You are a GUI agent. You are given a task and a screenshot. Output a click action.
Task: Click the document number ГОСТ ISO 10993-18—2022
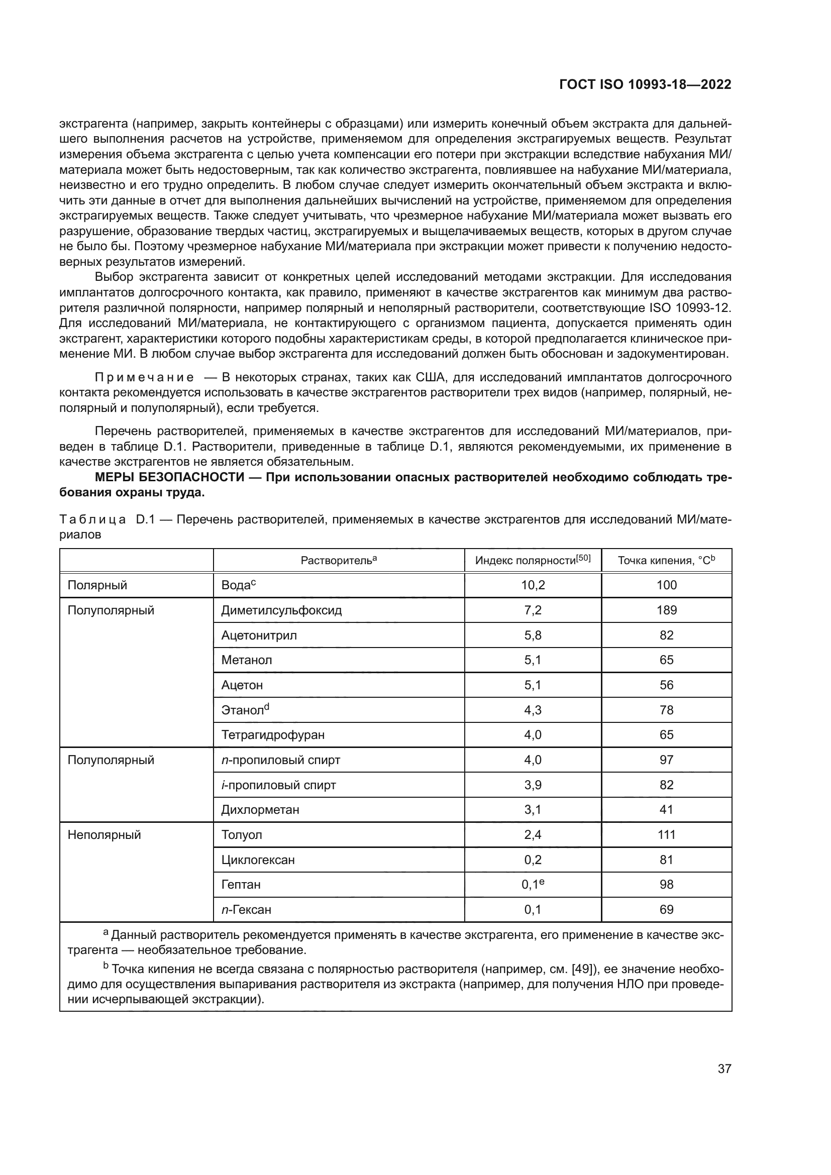click(645, 85)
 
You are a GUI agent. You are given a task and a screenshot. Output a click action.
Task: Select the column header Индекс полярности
click(532, 561)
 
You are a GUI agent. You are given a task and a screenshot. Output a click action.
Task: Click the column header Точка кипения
click(666, 561)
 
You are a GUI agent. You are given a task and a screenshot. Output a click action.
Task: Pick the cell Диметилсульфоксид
click(281, 610)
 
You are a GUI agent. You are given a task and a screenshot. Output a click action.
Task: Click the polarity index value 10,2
click(533, 585)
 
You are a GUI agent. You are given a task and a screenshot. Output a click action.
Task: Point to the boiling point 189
click(666, 610)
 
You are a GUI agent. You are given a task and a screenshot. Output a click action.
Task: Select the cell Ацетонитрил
click(259, 635)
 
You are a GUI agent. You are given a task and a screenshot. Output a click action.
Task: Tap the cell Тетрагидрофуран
click(273, 735)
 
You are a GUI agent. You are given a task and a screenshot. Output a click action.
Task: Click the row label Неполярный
click(104, 835)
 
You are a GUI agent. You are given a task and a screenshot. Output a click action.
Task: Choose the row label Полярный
click(97, 585)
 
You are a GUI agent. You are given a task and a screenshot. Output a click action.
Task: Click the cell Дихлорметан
click(260, 810)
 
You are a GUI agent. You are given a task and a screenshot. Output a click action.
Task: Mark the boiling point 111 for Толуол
click(666, 835)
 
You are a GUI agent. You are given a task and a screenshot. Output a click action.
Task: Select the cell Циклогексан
click(258, 860)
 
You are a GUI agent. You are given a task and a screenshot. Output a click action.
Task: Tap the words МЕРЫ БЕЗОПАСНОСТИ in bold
click(169, 477)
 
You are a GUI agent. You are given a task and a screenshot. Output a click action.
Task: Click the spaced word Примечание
click(144, 378)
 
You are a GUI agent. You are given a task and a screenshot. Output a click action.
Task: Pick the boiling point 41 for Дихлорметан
click(666, 810)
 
